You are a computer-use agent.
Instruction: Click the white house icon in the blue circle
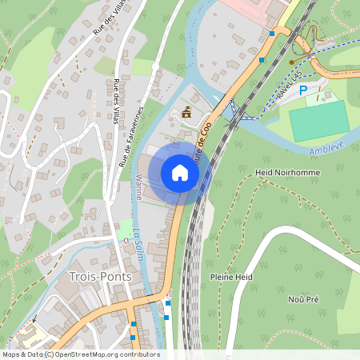point(180,173)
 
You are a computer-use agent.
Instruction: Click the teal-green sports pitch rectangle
point(318,121)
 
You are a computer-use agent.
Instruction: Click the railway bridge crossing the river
point(233,112)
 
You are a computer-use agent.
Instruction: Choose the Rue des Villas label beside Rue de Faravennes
point(116,96)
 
